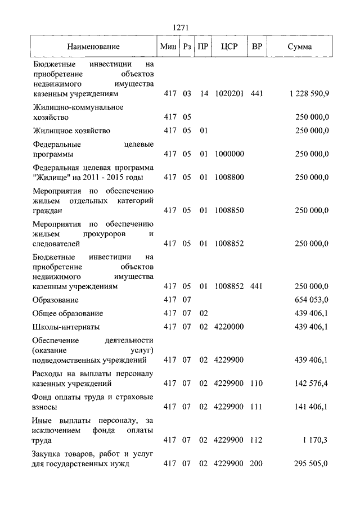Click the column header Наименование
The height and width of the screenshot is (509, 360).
tap(93, 47)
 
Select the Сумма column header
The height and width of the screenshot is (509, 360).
tap(299, 47)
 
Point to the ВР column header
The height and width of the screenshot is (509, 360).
tap(256, 47)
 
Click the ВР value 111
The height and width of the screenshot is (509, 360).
tap(256, 407)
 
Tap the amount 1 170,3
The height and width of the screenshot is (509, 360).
tap(316, 440)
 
